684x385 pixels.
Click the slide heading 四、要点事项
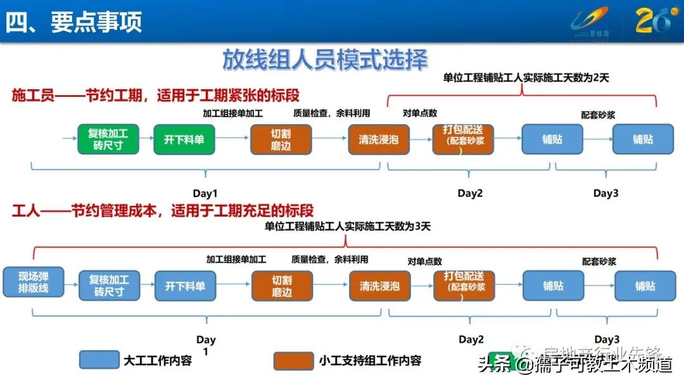74,22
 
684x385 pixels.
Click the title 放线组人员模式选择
325,60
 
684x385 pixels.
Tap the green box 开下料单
184,139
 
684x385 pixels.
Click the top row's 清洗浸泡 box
379,139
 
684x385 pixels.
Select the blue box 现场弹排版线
34,282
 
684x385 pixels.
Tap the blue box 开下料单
186,286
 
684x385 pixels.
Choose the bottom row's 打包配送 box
464,286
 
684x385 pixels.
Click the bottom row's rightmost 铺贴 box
645,286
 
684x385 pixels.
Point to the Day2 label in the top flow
470,194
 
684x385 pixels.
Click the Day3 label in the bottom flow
606,340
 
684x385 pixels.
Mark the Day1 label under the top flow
205,194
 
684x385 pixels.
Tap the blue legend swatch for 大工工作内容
99,360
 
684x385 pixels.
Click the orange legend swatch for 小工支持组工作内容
293,360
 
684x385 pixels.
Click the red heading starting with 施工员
155,96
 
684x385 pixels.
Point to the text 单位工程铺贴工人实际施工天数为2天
526,78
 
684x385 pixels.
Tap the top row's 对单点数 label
420,113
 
